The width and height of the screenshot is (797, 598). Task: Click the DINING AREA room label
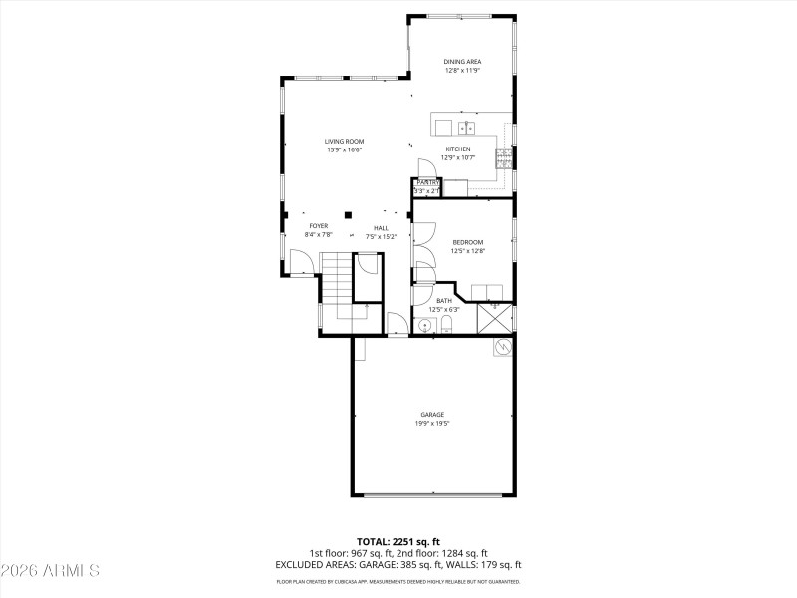pos(461,62)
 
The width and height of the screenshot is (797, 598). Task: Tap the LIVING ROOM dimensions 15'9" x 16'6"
pos(344,150)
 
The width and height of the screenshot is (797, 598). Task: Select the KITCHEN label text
pos(458,149)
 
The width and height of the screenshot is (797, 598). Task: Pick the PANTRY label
pos(428,183)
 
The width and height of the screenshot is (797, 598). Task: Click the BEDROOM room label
pos(467,242)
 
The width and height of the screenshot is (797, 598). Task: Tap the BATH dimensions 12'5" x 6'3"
pos(443,310)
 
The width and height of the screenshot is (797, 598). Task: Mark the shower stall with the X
pos(495,318)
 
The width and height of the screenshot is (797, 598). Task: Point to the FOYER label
pos(318,226)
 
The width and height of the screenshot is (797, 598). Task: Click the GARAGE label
pos(431,414)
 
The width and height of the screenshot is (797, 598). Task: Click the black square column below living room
pos(348,213)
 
